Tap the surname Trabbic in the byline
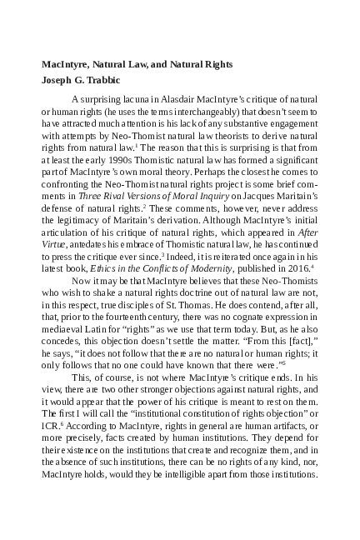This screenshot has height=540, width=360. [x=107, y=81]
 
